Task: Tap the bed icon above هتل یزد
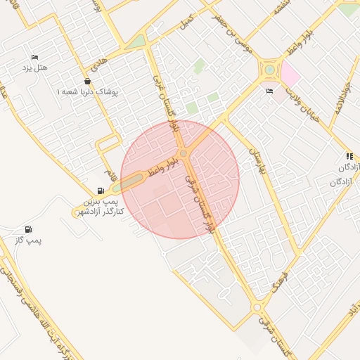click(x=34, y=57)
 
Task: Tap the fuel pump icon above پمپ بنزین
click(x=101, y=191)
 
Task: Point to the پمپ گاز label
click(x=29, y=241)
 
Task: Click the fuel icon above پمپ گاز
click(x=28, y=229)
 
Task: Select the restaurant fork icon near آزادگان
click(x=349, y=156)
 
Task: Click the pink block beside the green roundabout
click(x=290, y=73)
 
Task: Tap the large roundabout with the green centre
click(x=269, y=70)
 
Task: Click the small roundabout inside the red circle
click(x=183, y=153)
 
